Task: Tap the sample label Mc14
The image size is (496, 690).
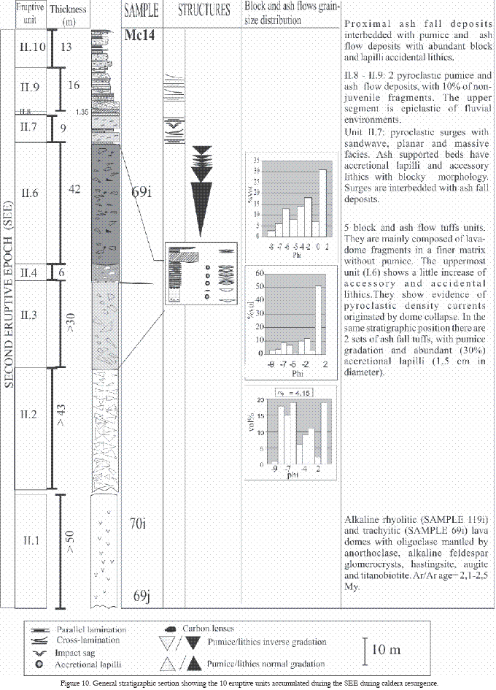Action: point(139,37)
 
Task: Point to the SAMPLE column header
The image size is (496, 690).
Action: point(140,12)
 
